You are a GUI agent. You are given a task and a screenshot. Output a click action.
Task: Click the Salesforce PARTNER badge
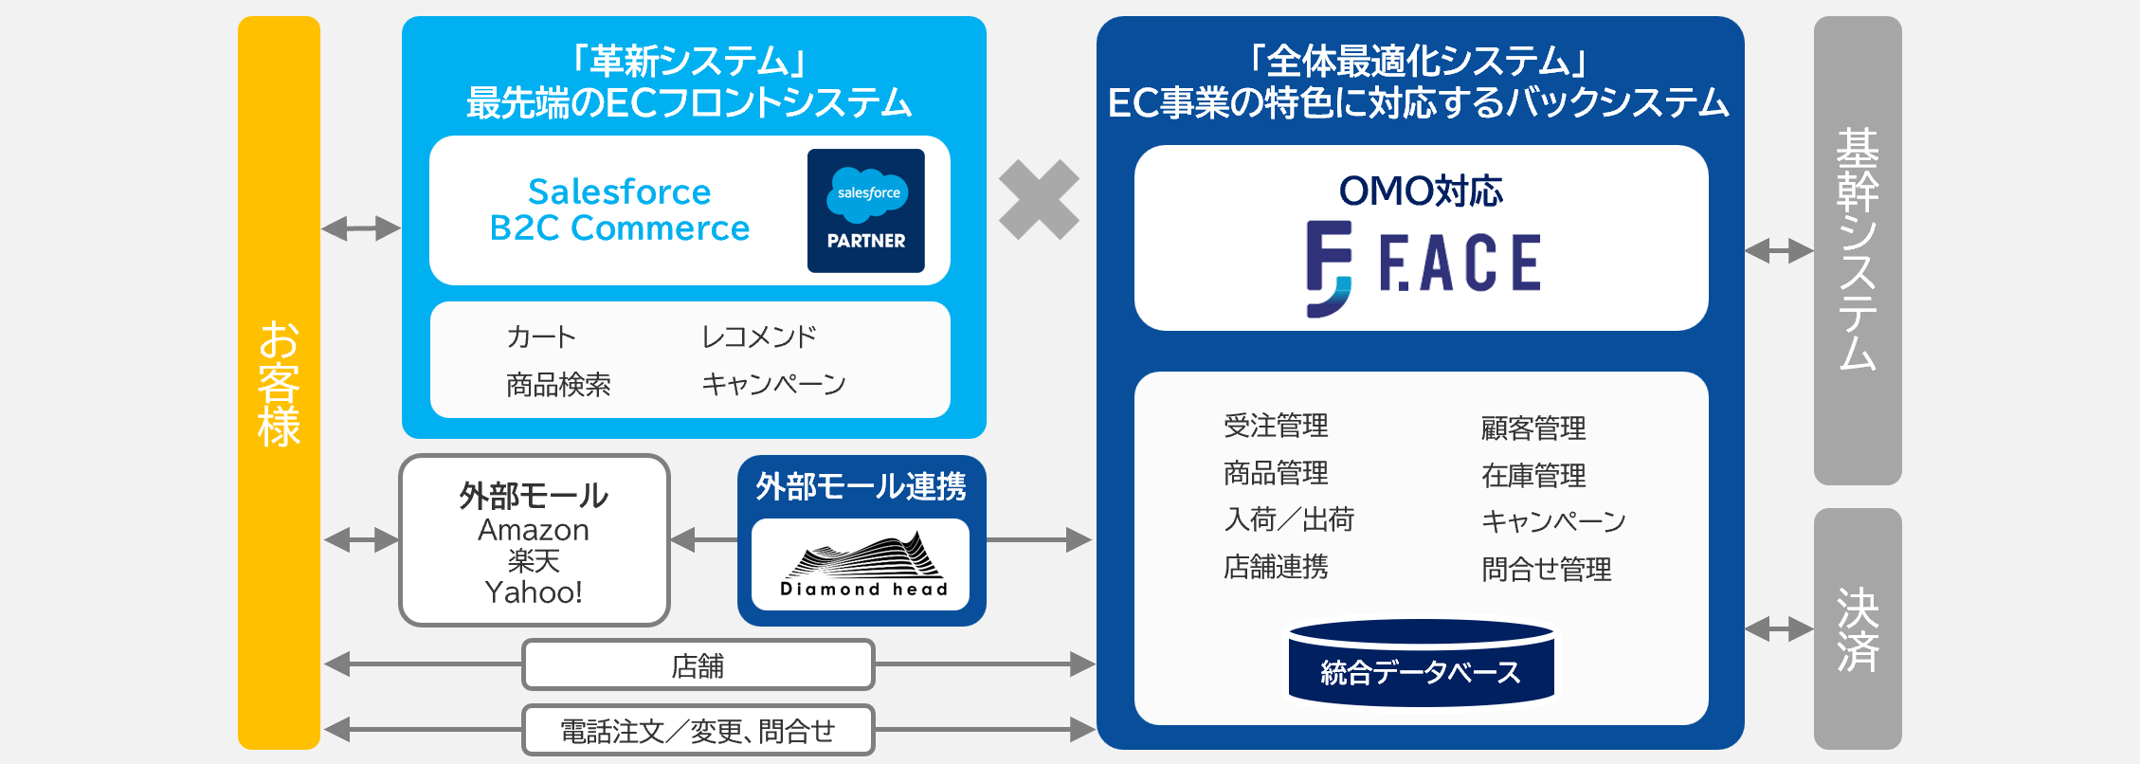tap(865, 210)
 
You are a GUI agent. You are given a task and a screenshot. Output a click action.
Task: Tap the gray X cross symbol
tap(1039, 199)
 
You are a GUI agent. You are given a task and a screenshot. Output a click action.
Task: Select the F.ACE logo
tap(1422, 265)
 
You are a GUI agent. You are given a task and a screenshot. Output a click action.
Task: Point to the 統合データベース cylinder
tap(1421, 664)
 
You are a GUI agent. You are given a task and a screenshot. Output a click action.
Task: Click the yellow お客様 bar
tap(279, 382)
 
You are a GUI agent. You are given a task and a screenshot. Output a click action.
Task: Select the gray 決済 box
tap(1857, 628)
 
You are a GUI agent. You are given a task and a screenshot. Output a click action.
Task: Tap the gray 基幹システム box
tap(1857, 250)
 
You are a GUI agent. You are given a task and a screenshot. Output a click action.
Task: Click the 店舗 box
tap(698, 665)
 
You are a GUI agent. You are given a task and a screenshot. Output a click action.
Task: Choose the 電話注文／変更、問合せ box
tap(698, 731)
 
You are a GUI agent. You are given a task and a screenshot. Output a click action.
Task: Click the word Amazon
tap(534, 530)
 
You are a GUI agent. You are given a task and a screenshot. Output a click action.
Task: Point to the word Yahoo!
tap(534, 592)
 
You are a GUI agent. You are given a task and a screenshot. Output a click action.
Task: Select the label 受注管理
tap(1276, 426)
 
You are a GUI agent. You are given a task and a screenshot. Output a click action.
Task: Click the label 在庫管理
tap(1533, 475)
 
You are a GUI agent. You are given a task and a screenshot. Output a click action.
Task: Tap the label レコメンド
tap(758, 337)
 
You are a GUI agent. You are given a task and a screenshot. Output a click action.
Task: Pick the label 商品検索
tap(558, 384)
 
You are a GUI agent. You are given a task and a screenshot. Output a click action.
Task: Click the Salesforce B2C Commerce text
tap(619, 210)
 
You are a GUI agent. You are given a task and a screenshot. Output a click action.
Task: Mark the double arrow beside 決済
tap(1779, 628)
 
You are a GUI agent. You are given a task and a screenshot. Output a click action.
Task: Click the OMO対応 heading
tap(1421, 191)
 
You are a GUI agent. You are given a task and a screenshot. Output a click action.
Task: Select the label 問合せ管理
tap(1546, 569)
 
